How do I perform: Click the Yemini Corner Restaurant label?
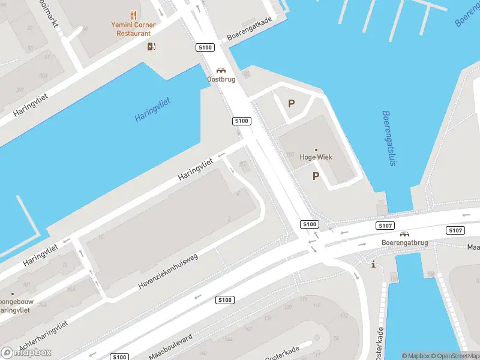tap(133, 29)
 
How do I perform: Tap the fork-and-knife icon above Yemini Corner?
tap(133, 16)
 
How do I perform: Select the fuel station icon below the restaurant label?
tap(151, 46)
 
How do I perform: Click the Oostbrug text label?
tap(221, 79)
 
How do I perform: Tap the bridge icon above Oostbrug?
tap(221, 70)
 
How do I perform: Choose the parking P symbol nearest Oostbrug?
tap(291, 103)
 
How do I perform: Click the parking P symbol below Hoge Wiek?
tap(315, 176)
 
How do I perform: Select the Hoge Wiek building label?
tap(316, 157)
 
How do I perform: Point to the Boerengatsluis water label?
tap(389, 138)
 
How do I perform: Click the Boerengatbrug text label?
tap(404, 243)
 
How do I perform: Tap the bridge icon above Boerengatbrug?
tap(405, 234)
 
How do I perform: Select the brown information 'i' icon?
tap(373, 264)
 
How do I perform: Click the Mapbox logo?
tap(26, 352)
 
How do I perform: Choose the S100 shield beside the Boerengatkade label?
tap(205, 47)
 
